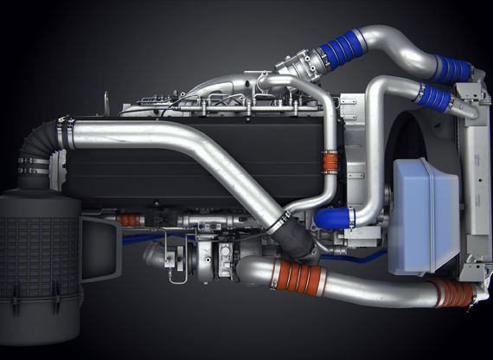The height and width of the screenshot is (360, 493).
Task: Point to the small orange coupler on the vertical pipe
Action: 330,163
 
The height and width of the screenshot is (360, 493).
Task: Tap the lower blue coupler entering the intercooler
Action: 432,96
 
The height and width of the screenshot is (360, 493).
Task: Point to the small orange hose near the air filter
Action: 128,221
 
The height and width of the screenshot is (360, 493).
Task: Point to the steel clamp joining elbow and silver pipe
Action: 64,132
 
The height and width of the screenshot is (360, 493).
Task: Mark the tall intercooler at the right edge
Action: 475,173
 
